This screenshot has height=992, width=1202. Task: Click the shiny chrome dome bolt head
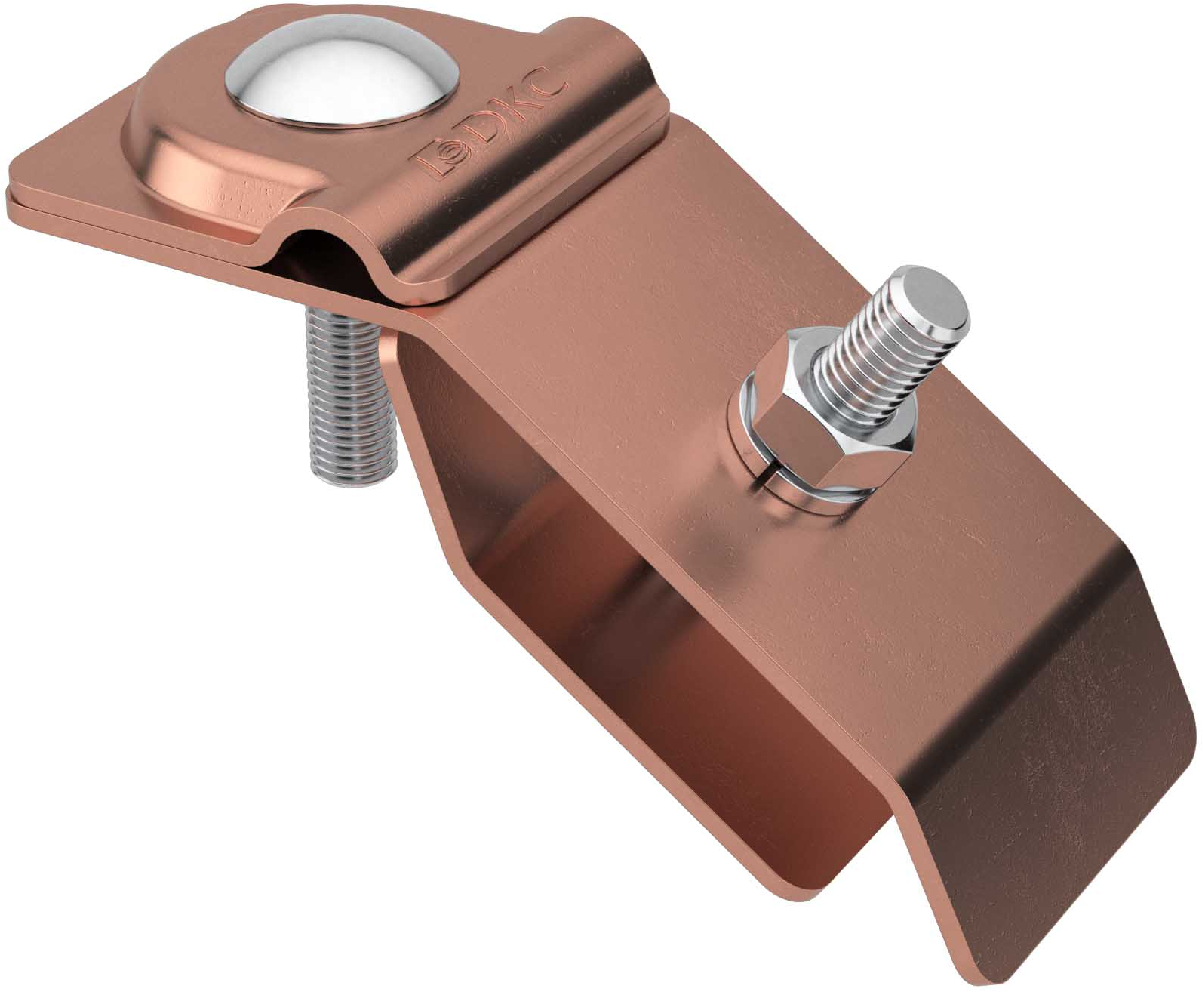pyautogui.click(x=342, y=70)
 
